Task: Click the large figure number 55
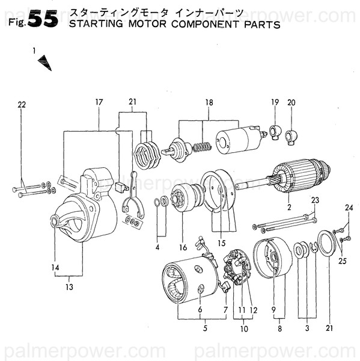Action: click(43, 19)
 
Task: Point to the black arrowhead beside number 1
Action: click(44, 63)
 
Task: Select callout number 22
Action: click(22, 105)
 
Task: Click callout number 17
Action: click(99, 102)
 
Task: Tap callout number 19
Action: click(275, 102)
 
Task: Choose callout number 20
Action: click(291, 102)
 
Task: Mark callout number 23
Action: click(314, 200)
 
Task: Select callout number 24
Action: click(347, 208)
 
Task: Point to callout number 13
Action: click(70, 287)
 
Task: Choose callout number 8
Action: click(279, 329)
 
